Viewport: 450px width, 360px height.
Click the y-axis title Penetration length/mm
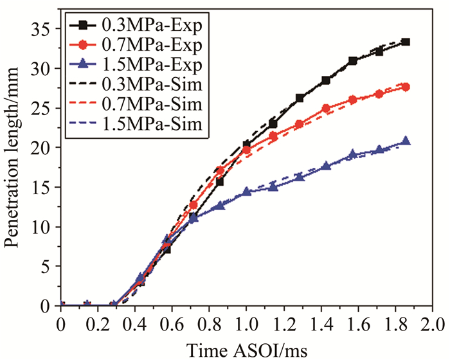(x=14, y=161)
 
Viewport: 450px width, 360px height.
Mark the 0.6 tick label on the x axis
(x=172, y=322)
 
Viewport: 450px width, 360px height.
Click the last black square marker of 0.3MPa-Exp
(x=406, y=42)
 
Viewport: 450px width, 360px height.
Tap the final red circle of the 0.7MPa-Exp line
(x=406, y=87)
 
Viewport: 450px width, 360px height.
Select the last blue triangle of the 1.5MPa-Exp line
(x=406, y=141)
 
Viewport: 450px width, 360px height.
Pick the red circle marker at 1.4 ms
(x=326, y=109)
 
